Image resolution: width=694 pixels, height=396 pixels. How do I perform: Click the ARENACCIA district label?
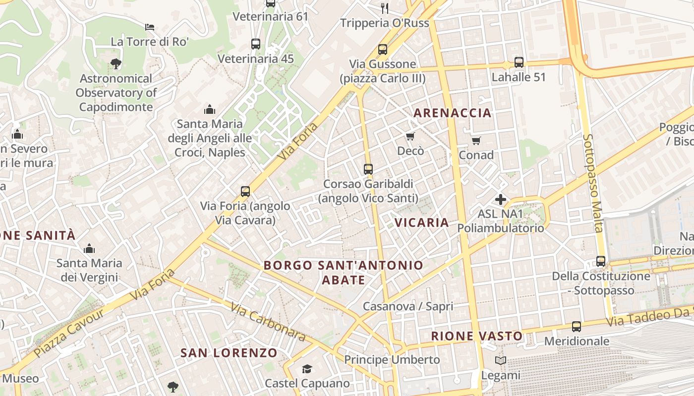(x=452, y=113)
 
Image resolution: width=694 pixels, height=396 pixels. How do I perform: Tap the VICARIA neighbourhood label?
(x=422, y=222)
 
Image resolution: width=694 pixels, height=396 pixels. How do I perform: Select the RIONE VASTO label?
(x=477, y=336)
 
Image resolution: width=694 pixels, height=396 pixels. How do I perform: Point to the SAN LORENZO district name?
(x=229, y=353)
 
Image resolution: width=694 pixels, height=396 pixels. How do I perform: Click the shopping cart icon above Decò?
(x=410, y=136)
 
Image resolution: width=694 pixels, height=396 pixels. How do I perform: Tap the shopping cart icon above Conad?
(x=476, y=141)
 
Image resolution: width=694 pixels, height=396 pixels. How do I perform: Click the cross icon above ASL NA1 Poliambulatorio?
(x=501, y=199)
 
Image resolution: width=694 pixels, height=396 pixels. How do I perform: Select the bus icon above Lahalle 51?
(x=519, y=62)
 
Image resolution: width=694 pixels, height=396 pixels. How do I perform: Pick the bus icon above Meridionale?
(x=576, y=327)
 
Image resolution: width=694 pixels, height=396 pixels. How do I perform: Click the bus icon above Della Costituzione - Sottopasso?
(x=600, y=261)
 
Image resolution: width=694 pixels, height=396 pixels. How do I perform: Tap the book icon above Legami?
(x=501, y=361)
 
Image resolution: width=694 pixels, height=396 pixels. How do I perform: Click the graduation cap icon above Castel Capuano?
(x=307, y=369)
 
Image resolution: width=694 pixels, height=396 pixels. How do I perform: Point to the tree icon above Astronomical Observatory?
(x=116, y=63)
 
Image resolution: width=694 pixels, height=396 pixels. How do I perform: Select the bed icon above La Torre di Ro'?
(x=150, y=27)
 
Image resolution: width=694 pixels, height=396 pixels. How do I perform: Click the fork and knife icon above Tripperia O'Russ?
(x=384, y=8)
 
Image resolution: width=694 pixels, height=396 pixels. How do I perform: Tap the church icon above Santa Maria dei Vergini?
(x=89, y=248)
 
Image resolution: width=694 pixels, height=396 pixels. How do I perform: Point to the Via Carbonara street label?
(x=268, y=321)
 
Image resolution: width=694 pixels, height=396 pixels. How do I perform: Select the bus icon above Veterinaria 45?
(x=256, y=44)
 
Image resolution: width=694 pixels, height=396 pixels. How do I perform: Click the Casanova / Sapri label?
(x=407, y=306)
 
